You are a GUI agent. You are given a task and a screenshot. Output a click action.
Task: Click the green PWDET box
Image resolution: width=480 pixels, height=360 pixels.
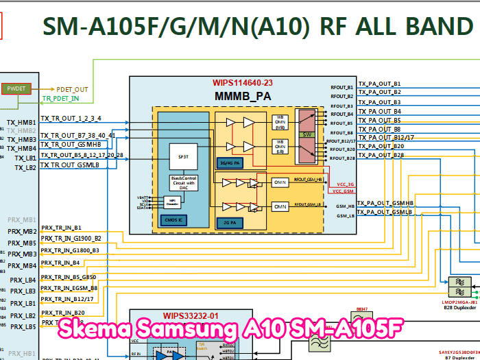[14, 89]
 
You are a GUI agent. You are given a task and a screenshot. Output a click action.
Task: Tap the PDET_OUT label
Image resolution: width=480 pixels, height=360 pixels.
[72, 89]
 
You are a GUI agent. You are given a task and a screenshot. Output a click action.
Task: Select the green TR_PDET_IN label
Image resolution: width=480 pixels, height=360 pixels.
[70, 99]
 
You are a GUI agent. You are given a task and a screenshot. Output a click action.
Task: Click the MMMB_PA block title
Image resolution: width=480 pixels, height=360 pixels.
[243, 96]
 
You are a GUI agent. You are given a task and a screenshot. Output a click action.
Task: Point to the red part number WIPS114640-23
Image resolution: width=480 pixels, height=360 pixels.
[242, 83]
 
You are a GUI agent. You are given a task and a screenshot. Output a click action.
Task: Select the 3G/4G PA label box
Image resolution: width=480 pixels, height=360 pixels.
[228, 163]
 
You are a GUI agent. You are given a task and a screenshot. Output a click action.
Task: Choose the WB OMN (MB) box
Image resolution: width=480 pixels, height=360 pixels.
[280, 121]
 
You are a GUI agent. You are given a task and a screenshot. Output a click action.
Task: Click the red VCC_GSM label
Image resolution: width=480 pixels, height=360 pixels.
[344, 191]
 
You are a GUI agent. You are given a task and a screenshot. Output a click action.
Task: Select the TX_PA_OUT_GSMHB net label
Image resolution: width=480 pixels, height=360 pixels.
[385, 204]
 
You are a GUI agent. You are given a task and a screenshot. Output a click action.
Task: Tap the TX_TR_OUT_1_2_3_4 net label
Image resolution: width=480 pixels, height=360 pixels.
[71, 119]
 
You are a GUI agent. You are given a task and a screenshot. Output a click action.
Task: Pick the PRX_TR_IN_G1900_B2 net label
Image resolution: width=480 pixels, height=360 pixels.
[71, 238]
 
